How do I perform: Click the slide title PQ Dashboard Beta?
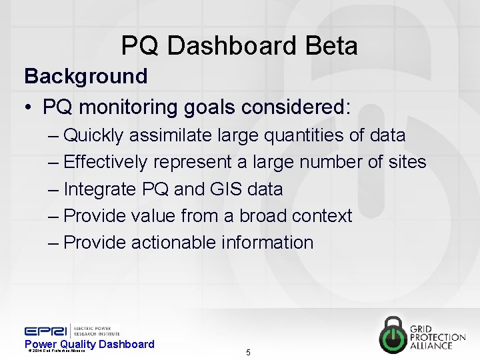click(239, 45)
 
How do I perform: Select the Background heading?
click(85, 76)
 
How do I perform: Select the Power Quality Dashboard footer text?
click(89, 344)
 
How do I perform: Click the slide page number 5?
click(248, 352)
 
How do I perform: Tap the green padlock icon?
click(398, 333)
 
